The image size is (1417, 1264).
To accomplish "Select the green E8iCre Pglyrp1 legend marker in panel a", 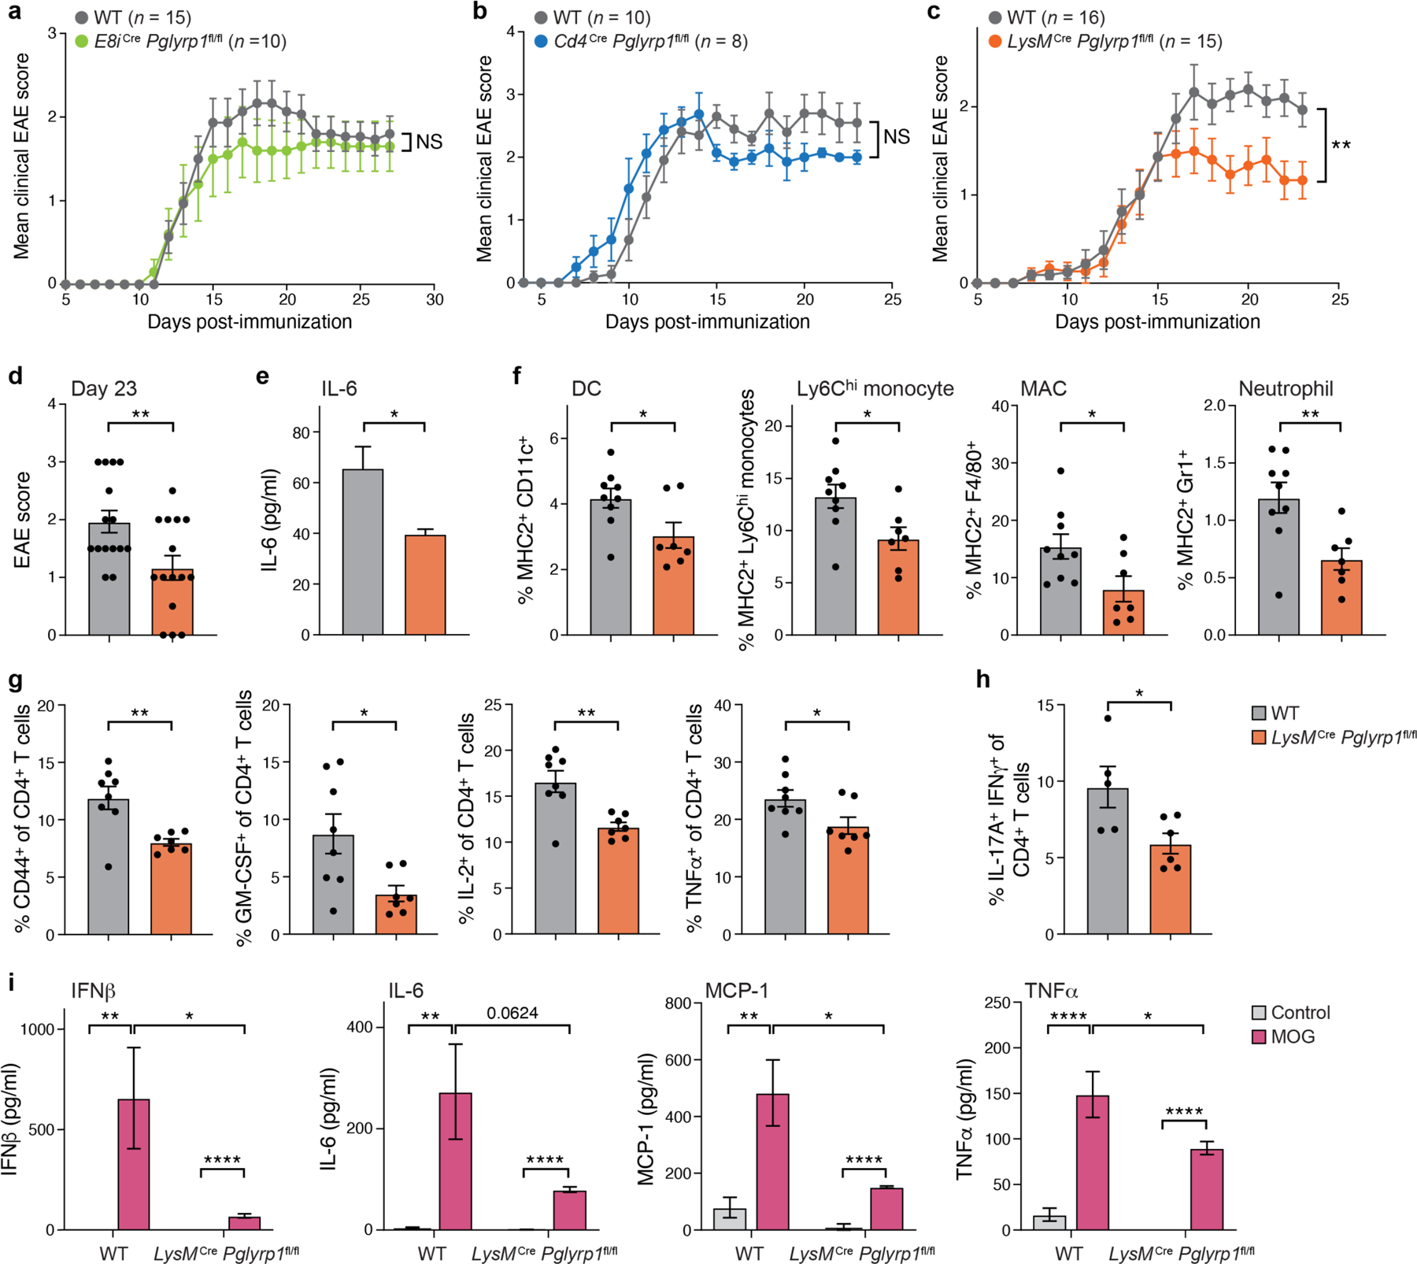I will pyautogui.click(x=81, y=41).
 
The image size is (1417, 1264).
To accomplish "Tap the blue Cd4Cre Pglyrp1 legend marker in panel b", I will pyautogui.click(x=541, y=41).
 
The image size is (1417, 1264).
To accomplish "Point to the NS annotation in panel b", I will pyautogui.click(x=897, y=136).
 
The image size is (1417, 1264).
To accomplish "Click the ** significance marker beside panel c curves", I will pyautogui.click(x=1341, y=146).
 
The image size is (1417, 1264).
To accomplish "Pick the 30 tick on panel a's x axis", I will pyautogui.click(x=435, y=300).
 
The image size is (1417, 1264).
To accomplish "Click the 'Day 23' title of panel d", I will pyautogui.click(x=104, y=389).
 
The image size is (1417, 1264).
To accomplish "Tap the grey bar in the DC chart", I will pyautogui.click(x=610, y=567).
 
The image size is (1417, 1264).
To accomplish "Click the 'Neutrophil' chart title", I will pyautogui.click(x=1286, y=389).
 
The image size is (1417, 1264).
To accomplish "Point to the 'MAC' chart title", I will pyautogui.click(x=1044, y=389).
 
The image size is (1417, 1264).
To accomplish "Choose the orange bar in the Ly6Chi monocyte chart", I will pyautogui.click(x=898, y=587).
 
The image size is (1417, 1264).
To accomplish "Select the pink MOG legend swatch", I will pyautogui.click(x=1259, y=1037).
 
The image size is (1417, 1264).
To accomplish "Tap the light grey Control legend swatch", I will pyautogui.click(x=1259, y=1014).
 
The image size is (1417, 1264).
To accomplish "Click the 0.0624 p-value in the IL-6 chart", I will pyautogui.click(x=512, y=1013).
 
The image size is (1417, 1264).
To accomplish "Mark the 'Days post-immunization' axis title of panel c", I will pyautogui.click(x=1157, y=322).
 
